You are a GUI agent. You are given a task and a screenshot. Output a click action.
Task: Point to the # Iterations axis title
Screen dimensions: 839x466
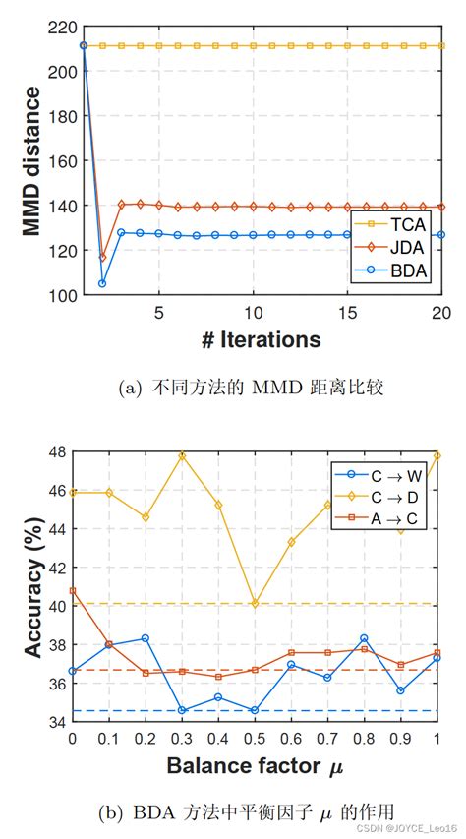(262, 340)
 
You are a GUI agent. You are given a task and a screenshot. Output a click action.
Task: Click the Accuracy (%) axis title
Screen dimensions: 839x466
(31, 588)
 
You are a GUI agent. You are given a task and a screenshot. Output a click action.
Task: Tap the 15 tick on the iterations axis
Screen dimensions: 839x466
(347, 312)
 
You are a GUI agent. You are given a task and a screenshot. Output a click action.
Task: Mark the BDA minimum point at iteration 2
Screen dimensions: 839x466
(102, 283)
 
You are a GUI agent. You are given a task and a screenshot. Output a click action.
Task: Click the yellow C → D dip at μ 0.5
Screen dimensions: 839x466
(255, 603)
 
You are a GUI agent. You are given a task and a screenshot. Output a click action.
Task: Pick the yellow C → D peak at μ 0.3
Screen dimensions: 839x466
(182, 456)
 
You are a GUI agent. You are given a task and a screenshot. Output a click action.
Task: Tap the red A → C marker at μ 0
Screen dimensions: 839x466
(72, 590)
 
